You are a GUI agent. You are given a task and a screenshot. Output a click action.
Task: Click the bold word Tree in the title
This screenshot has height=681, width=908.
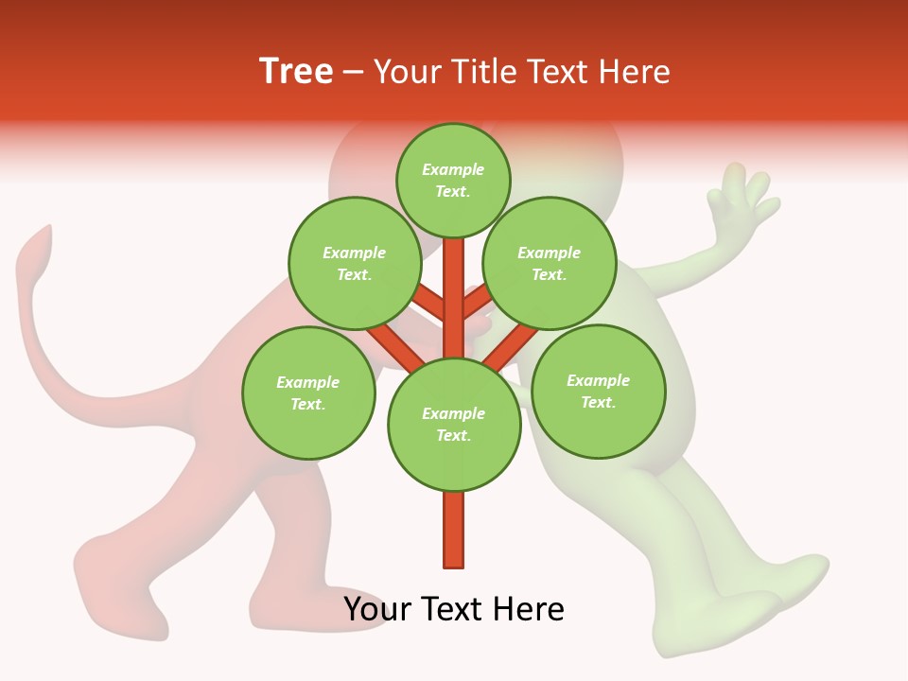[x=296, y=72]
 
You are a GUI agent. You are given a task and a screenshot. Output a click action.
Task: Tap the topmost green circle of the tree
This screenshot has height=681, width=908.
[x=453, y=180]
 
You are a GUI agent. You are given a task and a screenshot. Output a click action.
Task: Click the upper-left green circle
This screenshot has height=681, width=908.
[x=354, y=263]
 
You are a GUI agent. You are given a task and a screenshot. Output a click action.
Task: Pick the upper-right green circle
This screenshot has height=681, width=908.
[x=549, y=263]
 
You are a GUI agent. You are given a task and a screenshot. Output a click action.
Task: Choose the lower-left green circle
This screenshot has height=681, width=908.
[x=307, y=393]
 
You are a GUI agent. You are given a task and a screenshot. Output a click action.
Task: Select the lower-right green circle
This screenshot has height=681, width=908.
[x=598, y=391]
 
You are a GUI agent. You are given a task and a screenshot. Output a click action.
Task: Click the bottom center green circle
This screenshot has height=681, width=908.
[x=453, y=424]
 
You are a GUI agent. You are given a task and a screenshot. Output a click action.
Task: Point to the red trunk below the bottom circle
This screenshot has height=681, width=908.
[x=453, y=530]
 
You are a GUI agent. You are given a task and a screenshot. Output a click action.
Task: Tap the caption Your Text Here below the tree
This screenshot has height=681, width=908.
[x=453, y=609]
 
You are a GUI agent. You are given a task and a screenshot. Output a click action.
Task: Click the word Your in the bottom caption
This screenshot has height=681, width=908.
[x=378, y=609]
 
